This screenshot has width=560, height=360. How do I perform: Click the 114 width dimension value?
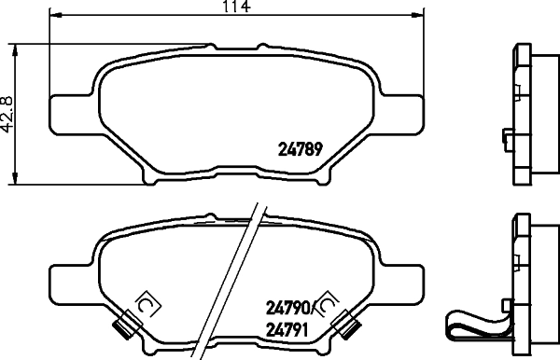[236, 7]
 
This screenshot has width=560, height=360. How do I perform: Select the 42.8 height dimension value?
[7, 115]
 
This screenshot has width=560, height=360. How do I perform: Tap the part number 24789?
[301, 149]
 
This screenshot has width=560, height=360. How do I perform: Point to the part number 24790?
[287, 308]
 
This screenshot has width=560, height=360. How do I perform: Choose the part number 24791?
[287, 330]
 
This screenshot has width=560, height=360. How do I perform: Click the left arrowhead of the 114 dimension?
[55, 15]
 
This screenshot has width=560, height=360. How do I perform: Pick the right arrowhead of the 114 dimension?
[418, 15]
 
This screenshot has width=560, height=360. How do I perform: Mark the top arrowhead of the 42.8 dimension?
[15, 50]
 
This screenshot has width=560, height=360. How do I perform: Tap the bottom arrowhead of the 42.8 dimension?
[15, 178]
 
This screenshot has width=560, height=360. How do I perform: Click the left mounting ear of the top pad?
[72, 115]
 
